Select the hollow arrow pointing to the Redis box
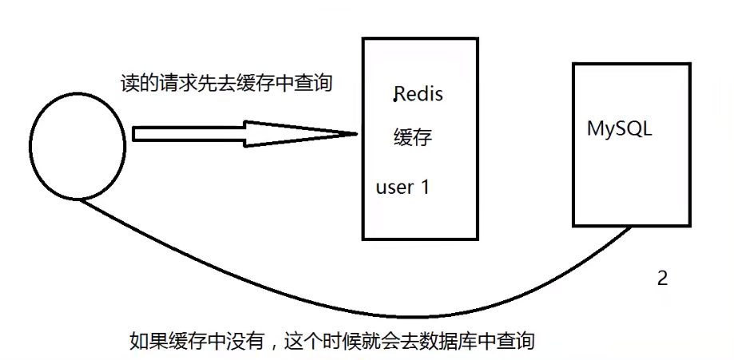240,134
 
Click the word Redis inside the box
419,94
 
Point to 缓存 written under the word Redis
413,137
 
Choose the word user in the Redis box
395,188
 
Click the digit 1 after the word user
425,188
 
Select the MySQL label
619,129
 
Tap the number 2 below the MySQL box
661,279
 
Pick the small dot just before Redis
395,100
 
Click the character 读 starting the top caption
125,83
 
